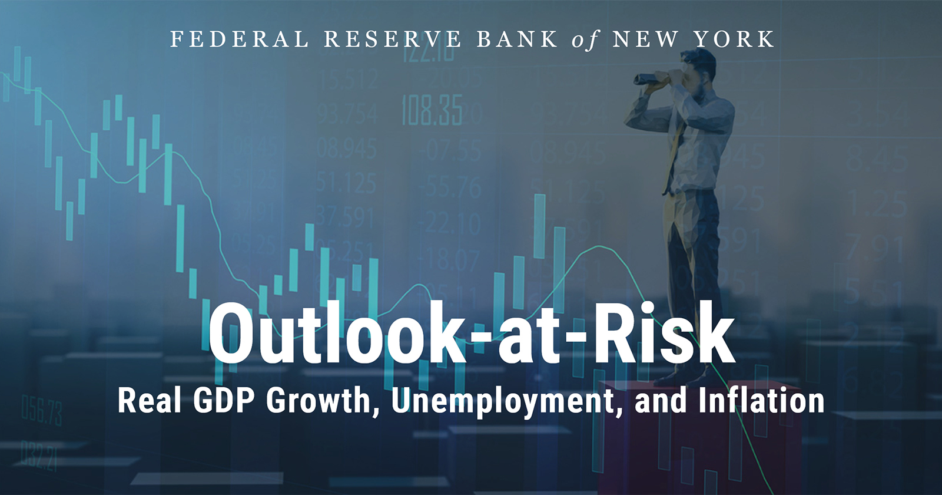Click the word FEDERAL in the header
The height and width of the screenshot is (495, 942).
[239, 39]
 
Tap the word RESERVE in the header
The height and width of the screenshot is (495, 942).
[393, 39]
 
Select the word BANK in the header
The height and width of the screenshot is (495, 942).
[517, 39]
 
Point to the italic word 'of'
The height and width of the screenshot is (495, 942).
[585, 40]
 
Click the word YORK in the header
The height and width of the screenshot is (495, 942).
[733, 39]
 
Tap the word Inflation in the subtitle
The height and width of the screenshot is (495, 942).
[761, 401]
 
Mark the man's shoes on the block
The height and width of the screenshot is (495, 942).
[683, 375]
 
